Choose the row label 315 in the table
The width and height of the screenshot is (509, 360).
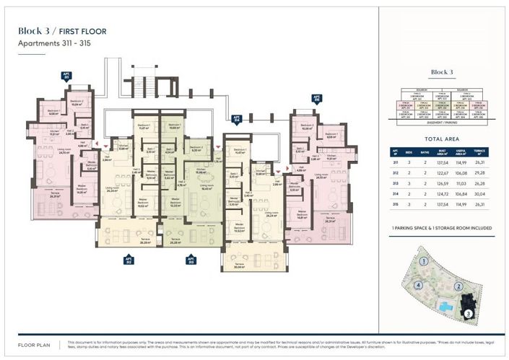(395, 205)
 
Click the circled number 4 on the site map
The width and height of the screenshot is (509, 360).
(418, 285)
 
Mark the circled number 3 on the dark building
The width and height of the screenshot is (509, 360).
(469, 312)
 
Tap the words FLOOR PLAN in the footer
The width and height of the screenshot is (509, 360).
(32, 344)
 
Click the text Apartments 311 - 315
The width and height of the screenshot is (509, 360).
(54, 43)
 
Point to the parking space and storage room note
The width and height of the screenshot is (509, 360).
(441, 227)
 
